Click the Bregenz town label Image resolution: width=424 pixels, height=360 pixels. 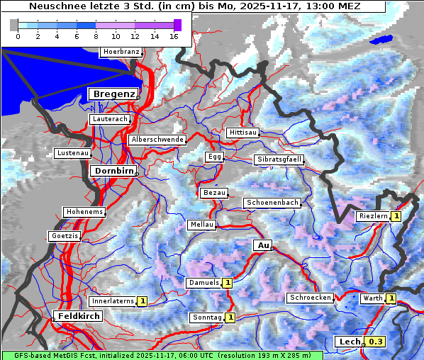tap(111, 94)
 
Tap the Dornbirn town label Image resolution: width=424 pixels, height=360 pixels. tap(112, 171)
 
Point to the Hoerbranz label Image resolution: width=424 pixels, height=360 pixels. tap(121, 52)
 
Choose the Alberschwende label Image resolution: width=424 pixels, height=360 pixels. tap(157, 140)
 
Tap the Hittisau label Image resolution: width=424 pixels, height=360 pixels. tap(243, 133)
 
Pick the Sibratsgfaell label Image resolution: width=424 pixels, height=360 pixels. tap(279, 159)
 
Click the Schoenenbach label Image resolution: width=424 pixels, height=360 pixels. tap(272, 203)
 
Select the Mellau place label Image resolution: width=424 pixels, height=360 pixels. tap(201, 225)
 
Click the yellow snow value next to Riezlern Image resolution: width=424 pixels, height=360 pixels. tap(396, 216)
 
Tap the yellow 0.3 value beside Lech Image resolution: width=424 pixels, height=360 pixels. tap(376, 342)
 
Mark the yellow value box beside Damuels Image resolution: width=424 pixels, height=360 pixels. tap(228, 283)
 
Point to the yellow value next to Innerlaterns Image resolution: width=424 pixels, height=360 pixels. tap(142, 301)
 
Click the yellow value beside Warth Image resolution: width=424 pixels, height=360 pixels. tap(391, 298)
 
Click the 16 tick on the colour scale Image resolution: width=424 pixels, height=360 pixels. tap(174, 36)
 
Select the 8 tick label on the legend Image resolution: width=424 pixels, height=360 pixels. tap(96, 36)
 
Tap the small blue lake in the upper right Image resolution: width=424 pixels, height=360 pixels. tap(381, 40)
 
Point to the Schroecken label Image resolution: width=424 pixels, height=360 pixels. tap(310, 298)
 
